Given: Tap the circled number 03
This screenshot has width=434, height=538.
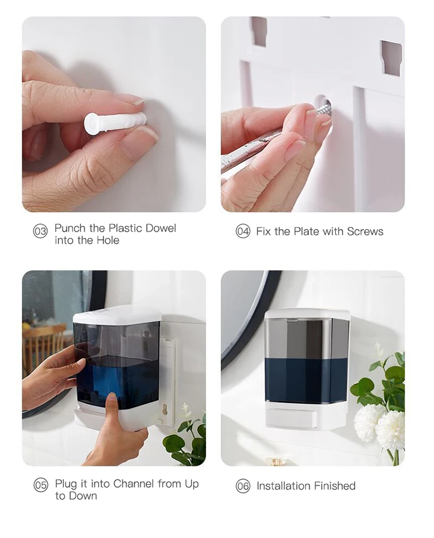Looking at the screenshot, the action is click(40, 232).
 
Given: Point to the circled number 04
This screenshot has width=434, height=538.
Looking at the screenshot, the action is click(242, 231).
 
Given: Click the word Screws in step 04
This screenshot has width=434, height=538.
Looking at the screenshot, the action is click(365, 232).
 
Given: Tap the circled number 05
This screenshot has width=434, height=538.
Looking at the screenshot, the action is click(40, 485).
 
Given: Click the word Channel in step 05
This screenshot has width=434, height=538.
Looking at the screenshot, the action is click(134, 484).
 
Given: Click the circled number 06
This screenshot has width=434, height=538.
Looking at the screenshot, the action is click(242, 486).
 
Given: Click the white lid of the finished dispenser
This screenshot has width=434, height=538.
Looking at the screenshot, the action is click(307, 314).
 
